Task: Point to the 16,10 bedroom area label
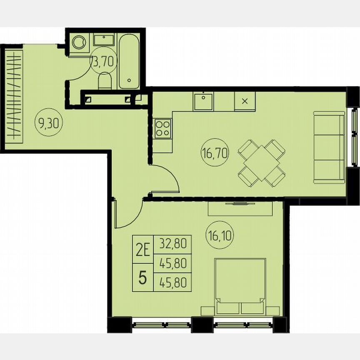tap(219, 236)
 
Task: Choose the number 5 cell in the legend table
tap(142, 278)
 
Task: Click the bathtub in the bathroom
tap(128, 62)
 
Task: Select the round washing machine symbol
tap(79, 42)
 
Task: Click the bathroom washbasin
tap(104, 40)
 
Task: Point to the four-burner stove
tap(162, 128)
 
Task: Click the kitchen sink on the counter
tap(203, 101)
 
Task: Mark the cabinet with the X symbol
tap(245, 101)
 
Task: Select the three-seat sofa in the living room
tap(329, 147)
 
